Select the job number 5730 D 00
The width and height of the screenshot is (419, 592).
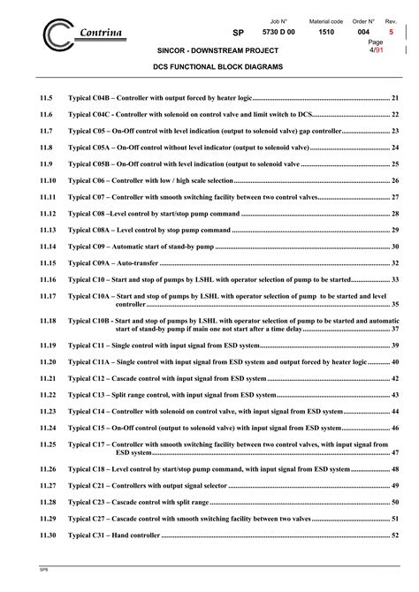click(x=281, y=32)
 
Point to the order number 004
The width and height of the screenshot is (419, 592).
click(x=363, y=32)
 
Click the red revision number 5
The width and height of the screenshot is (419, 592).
click(x=391, y=32)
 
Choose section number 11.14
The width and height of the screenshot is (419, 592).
click(x=49, y=246)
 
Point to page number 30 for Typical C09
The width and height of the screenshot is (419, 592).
click(x=395, y=246)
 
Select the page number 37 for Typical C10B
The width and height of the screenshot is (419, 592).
click(x=395, y=328)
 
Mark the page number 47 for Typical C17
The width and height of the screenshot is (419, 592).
click(x=395, y=452)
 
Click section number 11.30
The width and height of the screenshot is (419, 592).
click(x=49, y=535)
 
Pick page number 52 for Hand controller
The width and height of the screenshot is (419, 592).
click(x=395, y=535)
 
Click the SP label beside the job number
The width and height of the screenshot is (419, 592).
click(x=237, y=32)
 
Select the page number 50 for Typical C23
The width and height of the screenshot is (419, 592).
click(x=395, y=502)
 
